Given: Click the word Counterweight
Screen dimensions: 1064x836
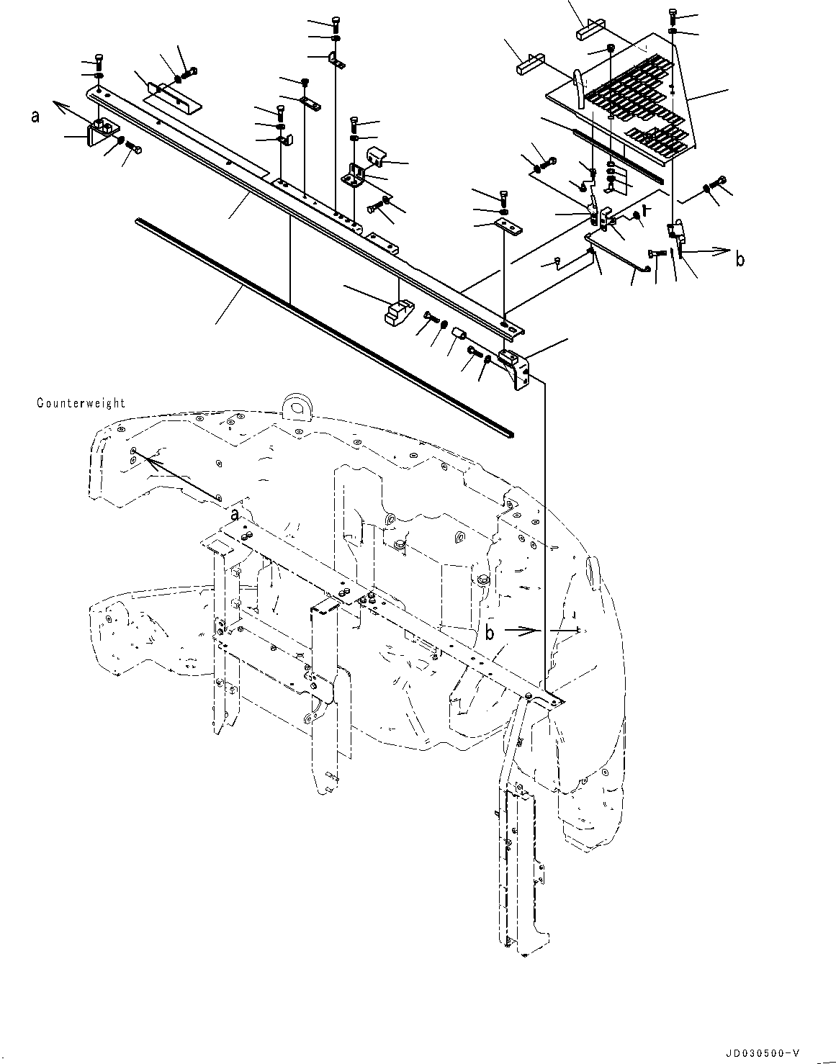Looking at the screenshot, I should coord(81,403).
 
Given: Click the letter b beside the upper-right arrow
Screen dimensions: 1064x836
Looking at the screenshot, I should coord(740,260).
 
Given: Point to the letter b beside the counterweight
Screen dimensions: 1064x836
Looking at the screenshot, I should coord(490,632).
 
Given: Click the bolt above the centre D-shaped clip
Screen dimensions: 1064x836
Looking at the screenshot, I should coord(337,22).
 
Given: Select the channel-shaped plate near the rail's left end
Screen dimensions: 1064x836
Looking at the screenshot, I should coord(173,97).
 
